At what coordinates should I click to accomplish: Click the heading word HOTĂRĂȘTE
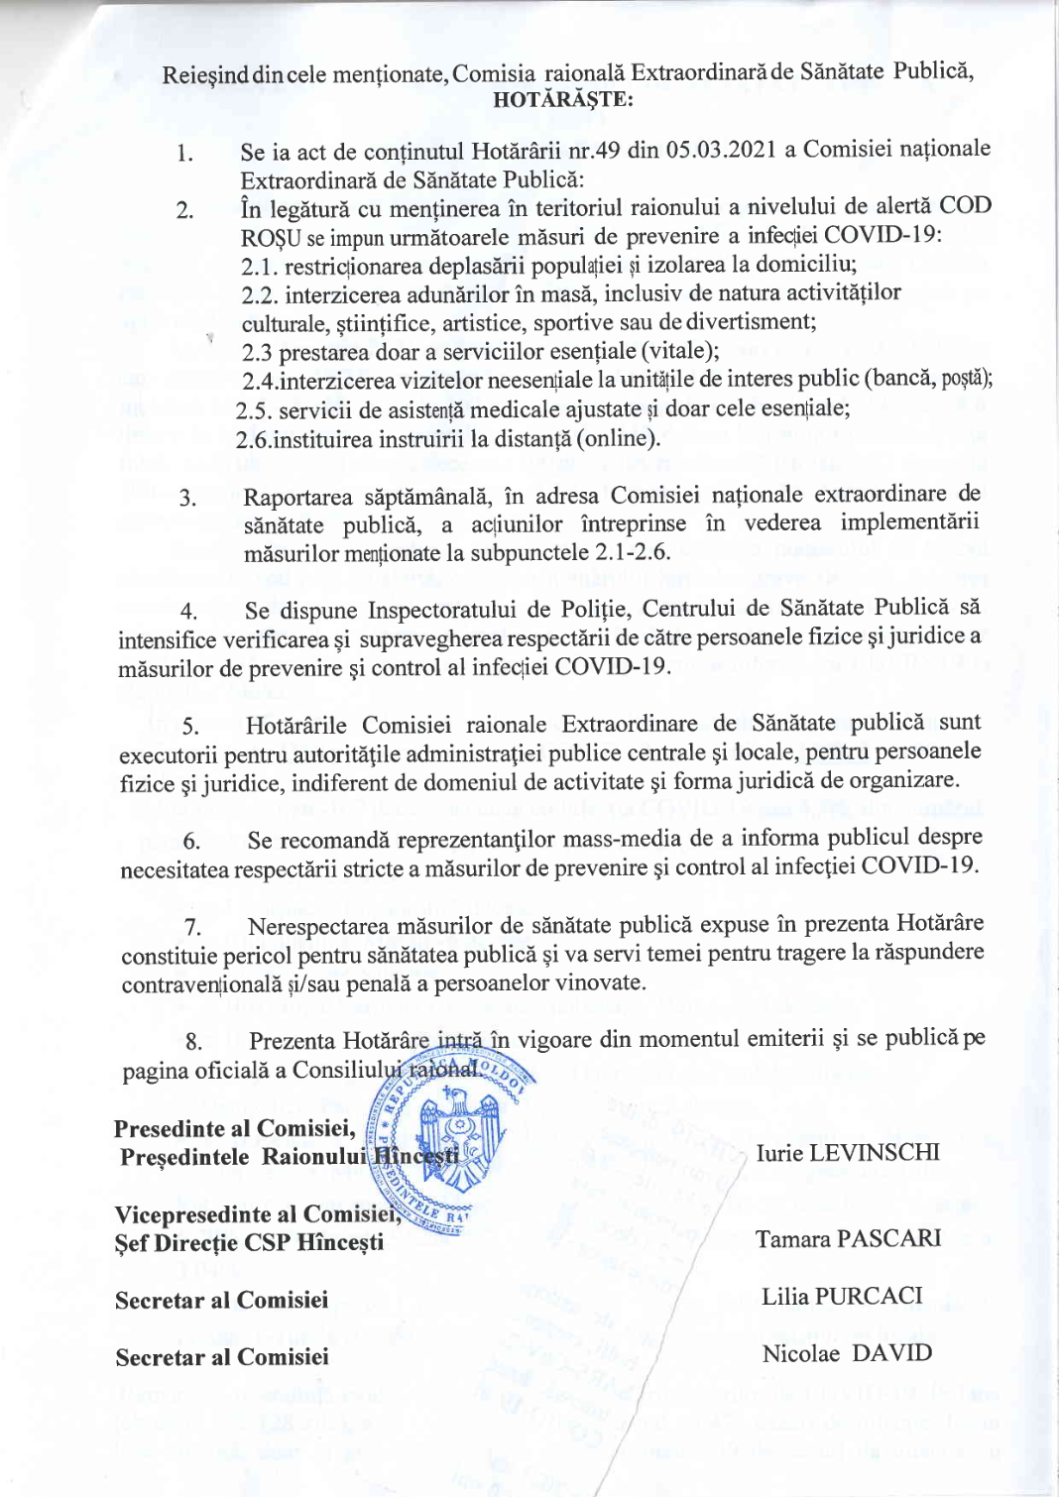[562, 99]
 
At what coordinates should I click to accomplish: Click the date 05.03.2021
[721, 150]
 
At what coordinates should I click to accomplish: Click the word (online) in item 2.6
[616, 438]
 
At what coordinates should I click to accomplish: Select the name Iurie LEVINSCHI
[847, 1153]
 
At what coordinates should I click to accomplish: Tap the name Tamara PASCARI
[848, 1239]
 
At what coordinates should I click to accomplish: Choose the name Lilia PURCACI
[842, 1297]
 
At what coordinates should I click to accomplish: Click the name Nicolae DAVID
[847, 1354]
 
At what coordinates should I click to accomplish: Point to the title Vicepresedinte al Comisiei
[256, 1214]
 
